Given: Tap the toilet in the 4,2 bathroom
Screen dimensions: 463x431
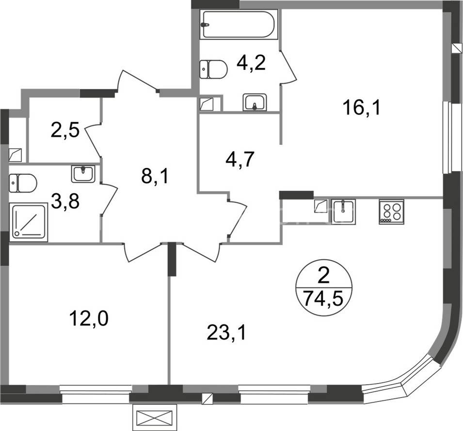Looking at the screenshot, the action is click(213, 69).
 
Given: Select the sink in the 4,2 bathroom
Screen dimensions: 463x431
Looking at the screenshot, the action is click(255, 102).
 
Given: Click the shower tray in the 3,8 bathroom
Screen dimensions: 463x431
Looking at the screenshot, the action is click(28, 222).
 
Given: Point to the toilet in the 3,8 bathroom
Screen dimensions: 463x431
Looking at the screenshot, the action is click(23, 183).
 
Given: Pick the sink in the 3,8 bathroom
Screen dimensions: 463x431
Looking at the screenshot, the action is click(83, 174).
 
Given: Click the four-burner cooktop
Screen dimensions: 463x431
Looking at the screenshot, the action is click(391, 212).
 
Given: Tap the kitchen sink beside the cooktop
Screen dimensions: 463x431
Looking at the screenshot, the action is click(343, 211).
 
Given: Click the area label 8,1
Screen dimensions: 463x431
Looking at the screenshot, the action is click(155, 176).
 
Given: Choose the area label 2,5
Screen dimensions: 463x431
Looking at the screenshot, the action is click(65, 130).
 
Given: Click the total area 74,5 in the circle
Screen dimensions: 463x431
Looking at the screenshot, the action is click(324, 298).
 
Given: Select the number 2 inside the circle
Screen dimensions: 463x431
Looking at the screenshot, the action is click(324, 277).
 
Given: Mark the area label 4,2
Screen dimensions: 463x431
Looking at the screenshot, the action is click(252, 62).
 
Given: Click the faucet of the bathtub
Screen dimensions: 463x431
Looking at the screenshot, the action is click(205, 25).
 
